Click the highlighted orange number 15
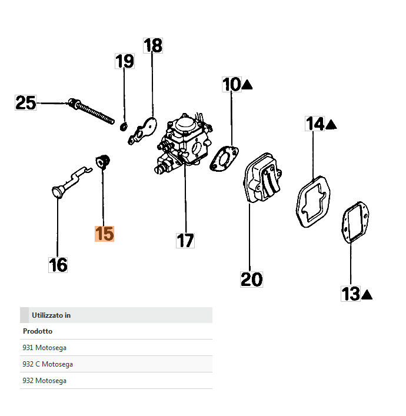105,234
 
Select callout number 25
25,103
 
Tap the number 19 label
124,61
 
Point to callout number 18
153,45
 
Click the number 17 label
185,240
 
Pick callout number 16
58,265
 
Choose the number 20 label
251,279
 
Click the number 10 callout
231,85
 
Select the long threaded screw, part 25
94,110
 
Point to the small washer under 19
124,125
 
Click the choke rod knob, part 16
57,191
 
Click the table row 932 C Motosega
116,364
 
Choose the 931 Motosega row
116,348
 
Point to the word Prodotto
38,331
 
